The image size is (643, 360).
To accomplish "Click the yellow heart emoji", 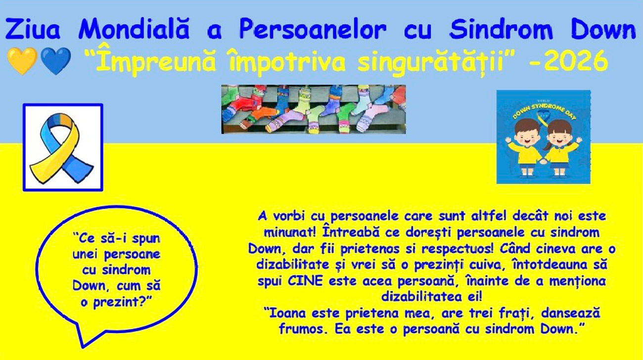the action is point(22,61).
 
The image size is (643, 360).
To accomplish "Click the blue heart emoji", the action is point(56,61).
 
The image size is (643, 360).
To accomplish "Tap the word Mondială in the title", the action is point(134,29).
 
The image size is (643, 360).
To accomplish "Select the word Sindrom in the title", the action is point(501,29).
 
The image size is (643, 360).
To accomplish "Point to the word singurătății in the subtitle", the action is point(431,62).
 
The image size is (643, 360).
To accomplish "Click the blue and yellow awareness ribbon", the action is point(62,148).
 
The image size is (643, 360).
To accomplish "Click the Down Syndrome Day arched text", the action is point(544,110).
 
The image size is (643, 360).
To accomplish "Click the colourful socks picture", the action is point(314,109).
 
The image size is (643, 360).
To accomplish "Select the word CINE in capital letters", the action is point(305,281).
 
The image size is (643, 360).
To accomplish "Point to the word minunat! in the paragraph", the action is point(290,232).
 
